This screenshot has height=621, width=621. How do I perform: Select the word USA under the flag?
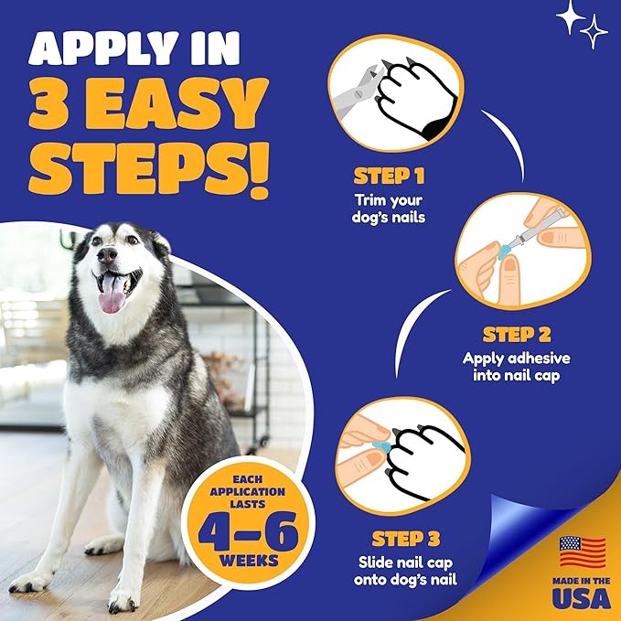[x=583, y=597]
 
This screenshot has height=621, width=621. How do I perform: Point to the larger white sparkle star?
[x=573, y=16]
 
